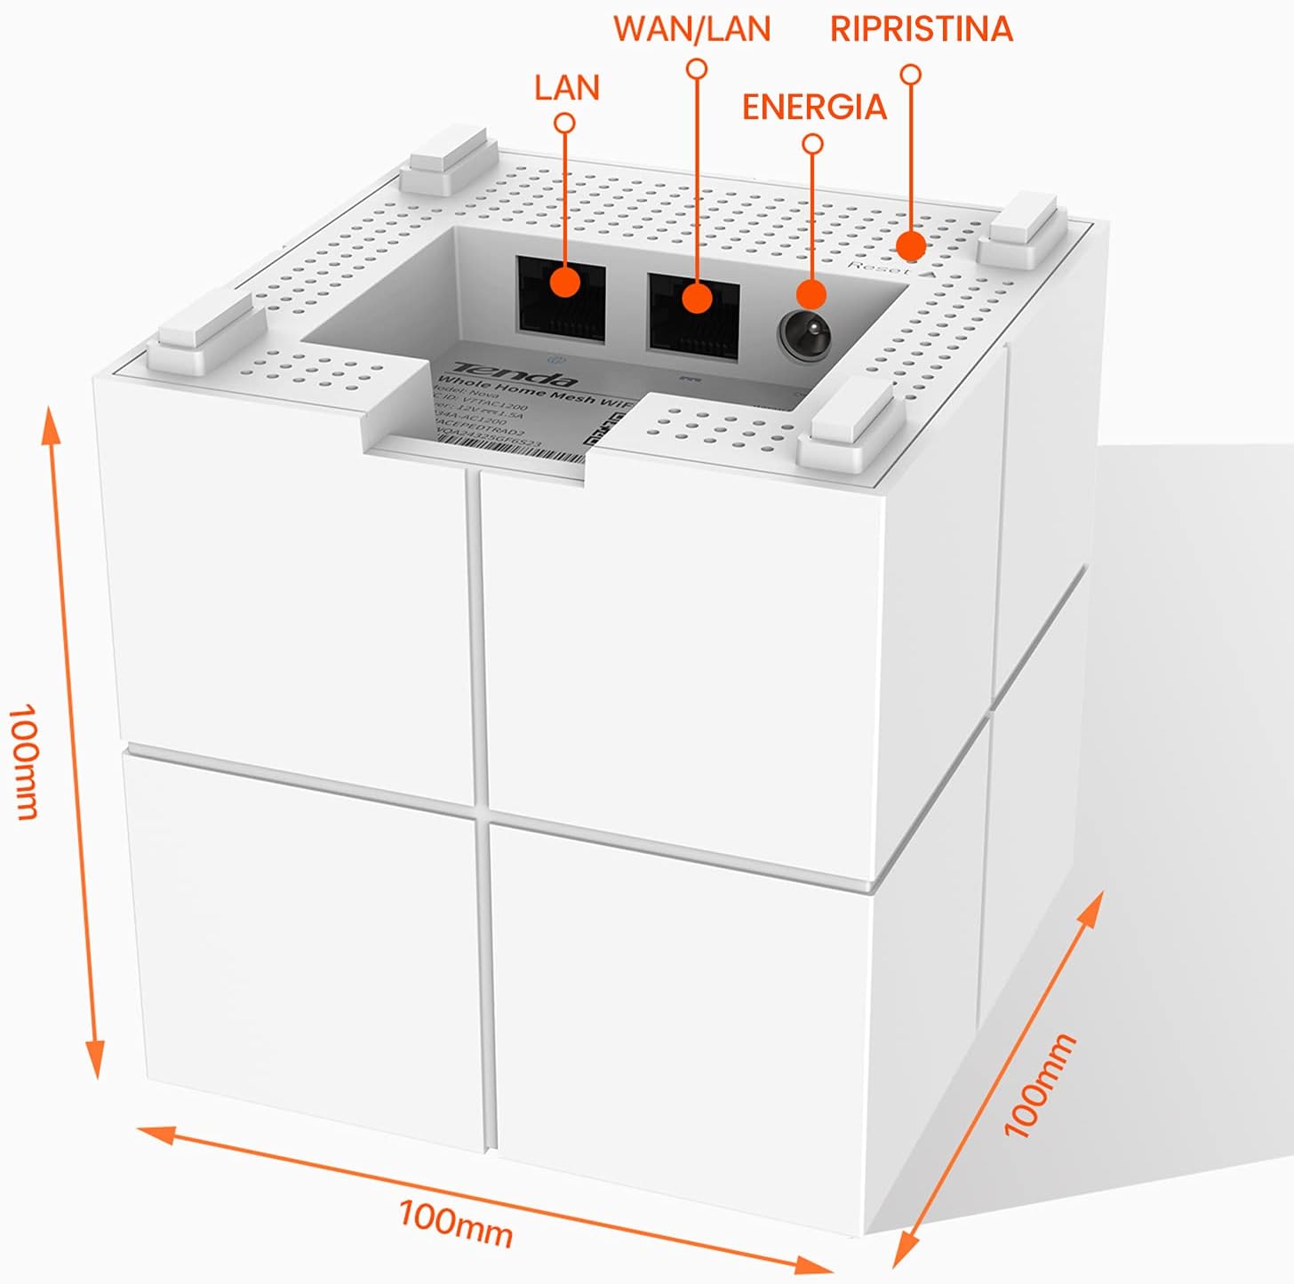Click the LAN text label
[x=567, y=88]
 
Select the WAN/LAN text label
[x=691, y=29]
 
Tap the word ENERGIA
[x=814, y=108]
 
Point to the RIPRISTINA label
[x=921, y=29]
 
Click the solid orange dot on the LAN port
[x=564, y=283]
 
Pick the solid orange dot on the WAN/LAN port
[x=698, y=299]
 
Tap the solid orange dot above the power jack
[x=811, y=294]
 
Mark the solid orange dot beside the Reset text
[x=910, y=244]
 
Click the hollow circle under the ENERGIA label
[x=812, y=143]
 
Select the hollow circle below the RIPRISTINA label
[x=910, y=75]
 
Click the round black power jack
[x=805, y=335]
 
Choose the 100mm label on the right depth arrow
[x=1039, y=1086]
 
